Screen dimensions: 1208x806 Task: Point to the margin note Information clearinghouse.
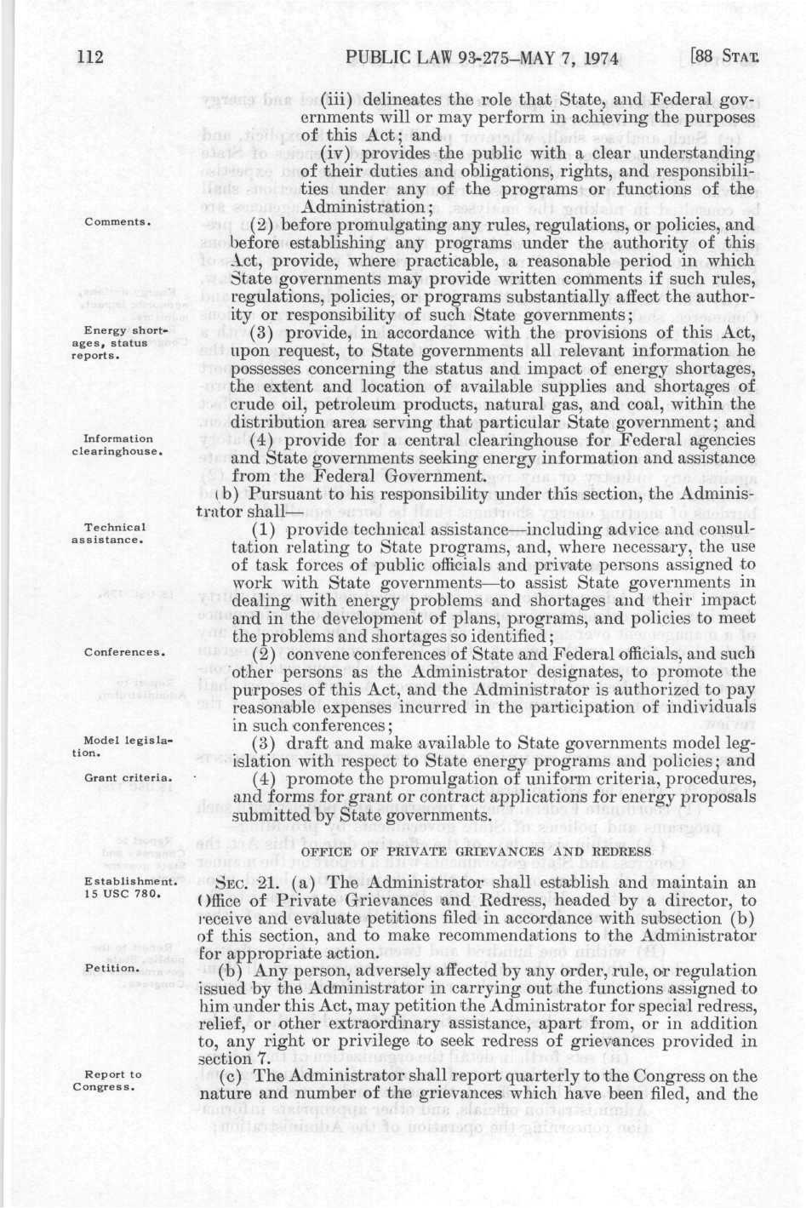tap(118, 445)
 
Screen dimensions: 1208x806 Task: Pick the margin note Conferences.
tap(123, 653)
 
